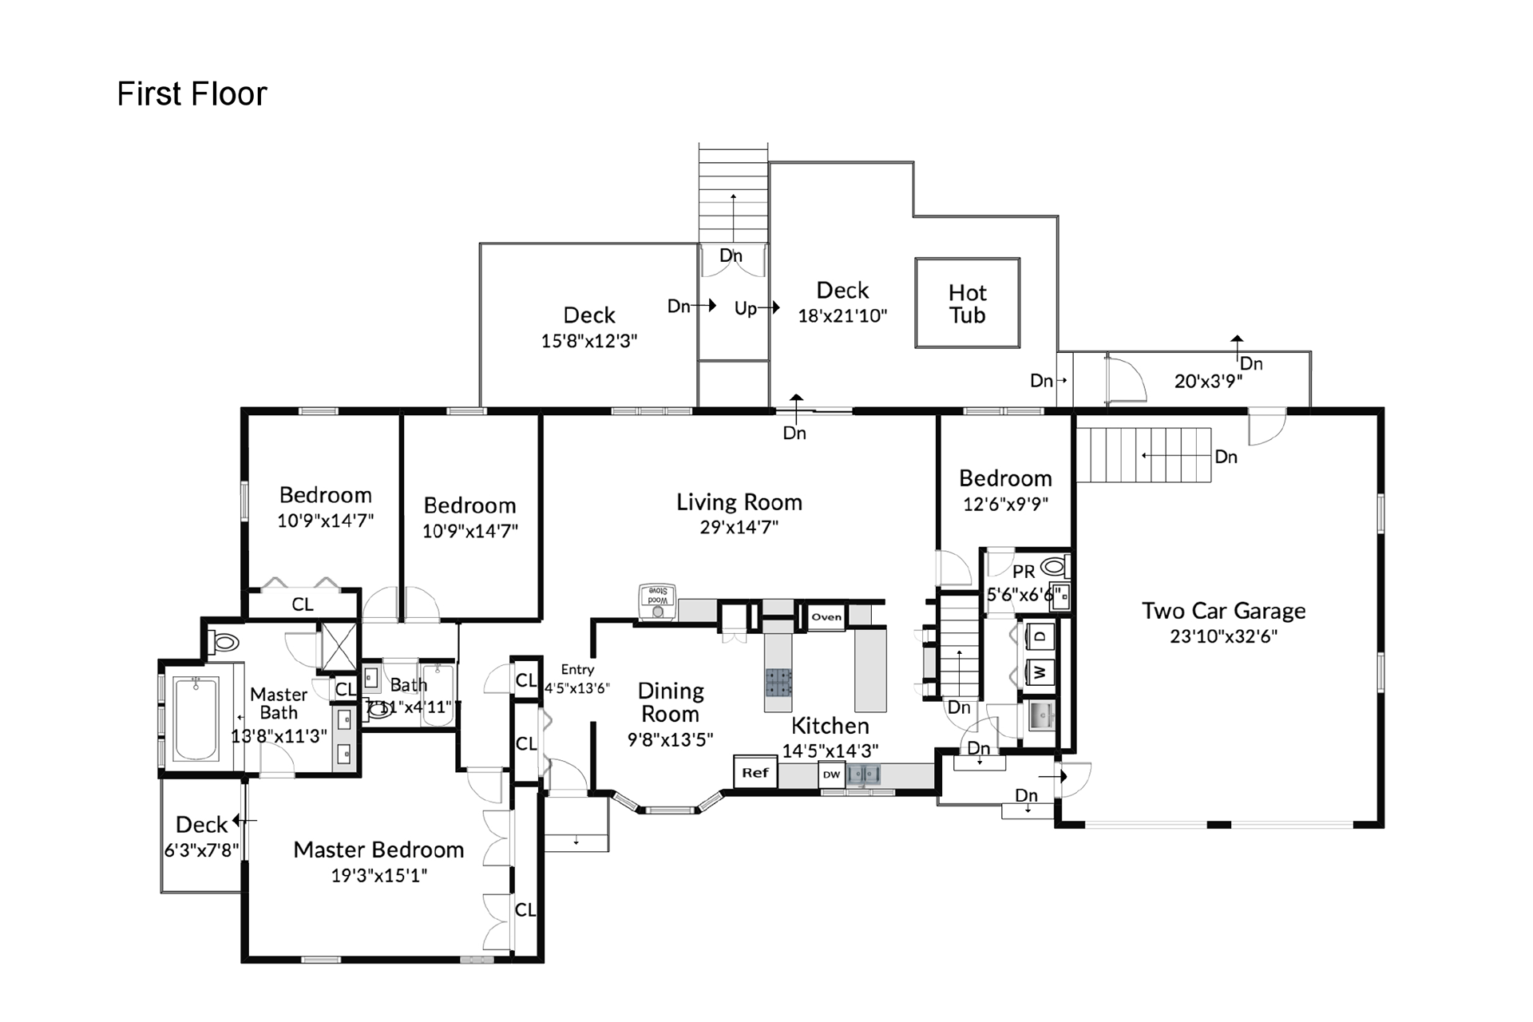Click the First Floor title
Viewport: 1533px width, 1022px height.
(192, 94)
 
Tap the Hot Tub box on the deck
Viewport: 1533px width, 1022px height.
(967, 303)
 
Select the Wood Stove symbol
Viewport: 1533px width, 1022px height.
(658, 601)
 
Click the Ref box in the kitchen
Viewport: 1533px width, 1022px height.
(755, 772)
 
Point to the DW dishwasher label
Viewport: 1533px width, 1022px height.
(831, 774)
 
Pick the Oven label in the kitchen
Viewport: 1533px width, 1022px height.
(826, 617)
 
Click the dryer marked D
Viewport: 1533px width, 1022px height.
(1040, 636)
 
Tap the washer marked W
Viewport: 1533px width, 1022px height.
(1040, 672)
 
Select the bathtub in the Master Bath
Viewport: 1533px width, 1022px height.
(196, 719)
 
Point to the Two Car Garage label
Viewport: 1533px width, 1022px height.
(1223, 611)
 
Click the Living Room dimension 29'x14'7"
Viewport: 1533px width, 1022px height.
(739, 527)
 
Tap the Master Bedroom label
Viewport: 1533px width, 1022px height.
(378, 850)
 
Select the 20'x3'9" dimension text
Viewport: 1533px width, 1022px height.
(1207, 382)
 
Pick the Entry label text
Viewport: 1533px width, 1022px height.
(577, 669)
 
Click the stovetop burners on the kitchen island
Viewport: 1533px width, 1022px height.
(778, 683)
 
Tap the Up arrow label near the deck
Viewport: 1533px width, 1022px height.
(746, 308)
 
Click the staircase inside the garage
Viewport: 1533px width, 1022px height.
(1143, 455)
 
